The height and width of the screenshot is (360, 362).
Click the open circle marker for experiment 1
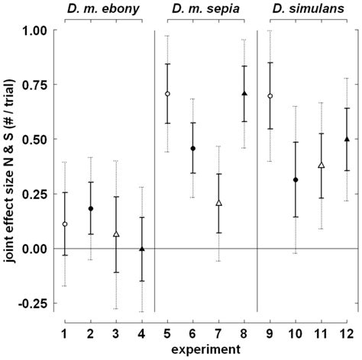65,224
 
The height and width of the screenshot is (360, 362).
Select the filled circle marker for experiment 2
90,208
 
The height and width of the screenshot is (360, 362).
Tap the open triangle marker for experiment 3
116,233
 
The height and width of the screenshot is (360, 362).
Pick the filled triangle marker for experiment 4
141,248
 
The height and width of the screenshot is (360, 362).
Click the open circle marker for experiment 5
167,94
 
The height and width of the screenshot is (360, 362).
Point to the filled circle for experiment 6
192,148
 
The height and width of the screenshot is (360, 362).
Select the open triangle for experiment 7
218,203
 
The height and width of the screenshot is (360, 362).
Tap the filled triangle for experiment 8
244,93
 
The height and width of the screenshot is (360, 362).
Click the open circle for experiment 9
270,96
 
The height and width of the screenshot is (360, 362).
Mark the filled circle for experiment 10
296,179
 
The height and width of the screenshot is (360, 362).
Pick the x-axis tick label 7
218,333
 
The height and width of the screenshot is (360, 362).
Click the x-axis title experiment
205,350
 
